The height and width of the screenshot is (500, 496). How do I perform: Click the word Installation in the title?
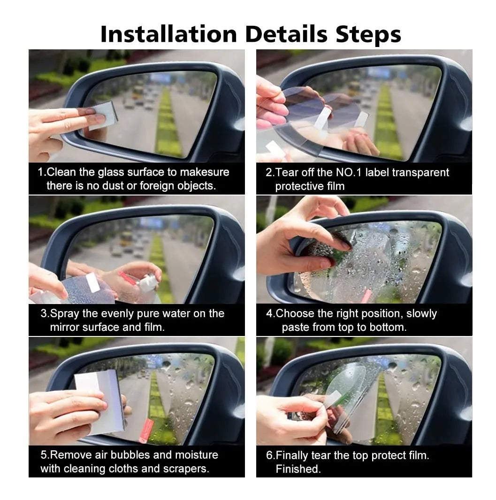coord(169,34)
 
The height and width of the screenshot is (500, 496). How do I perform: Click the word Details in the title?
coord(286,34)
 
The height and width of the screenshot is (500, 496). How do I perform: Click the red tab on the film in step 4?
coord(366,297)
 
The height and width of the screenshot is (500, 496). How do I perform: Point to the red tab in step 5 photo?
coord(146,430)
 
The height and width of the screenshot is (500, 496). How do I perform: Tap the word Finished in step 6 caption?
coord(298,469)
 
